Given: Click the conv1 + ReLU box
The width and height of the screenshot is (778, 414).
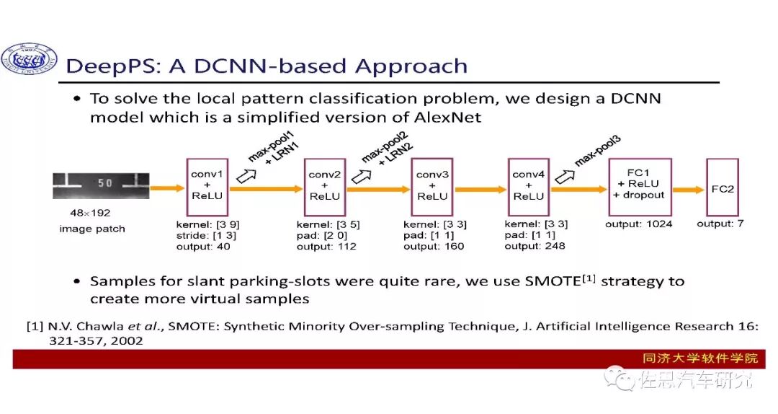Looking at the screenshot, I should point(207,185).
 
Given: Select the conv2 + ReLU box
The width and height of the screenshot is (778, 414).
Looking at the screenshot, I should point(325,186).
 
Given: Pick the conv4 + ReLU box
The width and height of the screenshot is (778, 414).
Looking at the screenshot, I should point(529,186).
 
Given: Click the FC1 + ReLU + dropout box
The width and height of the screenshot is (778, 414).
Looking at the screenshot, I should point(640,186).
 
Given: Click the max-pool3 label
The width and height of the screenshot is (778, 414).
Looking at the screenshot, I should point(597,150).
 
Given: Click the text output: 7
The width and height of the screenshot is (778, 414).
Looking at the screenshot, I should point(720,224).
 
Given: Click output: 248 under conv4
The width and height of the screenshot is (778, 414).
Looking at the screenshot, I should point(535,246).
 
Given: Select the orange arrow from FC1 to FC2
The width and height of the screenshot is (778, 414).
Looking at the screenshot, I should point(688,189).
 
